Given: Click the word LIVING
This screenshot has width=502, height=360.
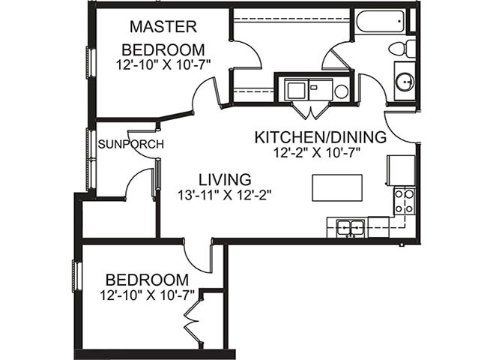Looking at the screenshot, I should pyautogui.click(x=224, y=179).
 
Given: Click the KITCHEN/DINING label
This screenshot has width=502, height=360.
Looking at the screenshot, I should pyautogui.click(x=320, y=138).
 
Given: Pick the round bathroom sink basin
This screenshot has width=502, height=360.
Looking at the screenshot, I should pyautogui.click(x=404, y=81).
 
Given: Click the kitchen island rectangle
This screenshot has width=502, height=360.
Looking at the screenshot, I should pyautogui.click(x=336, y=187).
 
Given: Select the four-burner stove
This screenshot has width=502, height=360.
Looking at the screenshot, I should pyautogui.click(x=403, y=201).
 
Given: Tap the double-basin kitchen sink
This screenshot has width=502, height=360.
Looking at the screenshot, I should pyautogui.click(x=350, y=226).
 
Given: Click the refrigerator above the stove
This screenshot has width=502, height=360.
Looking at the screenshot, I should pyautogui.click(x=400, y=170).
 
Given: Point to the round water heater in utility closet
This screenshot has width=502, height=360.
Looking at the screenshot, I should pyautogui.click(x=341, y=91).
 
